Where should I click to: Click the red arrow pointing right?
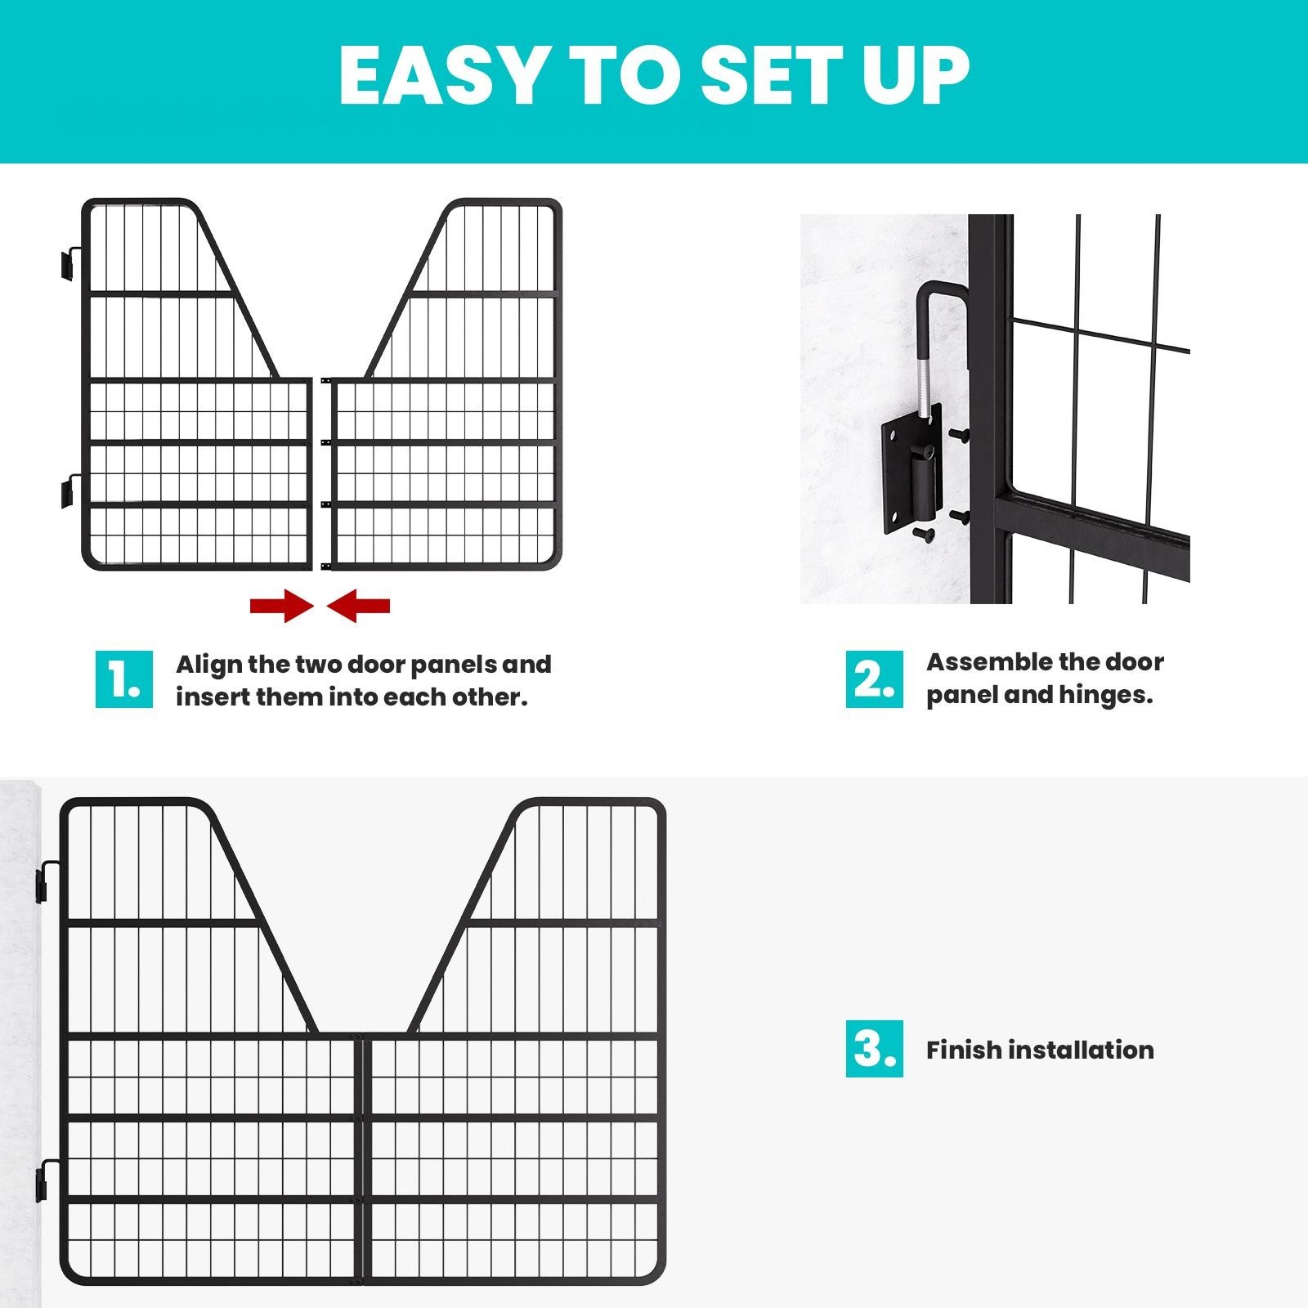[281, 607]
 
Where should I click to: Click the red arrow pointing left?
[359, 607]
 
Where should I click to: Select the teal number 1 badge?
[124, 679]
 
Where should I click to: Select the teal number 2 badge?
[874, 679]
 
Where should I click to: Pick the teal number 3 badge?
[874, 1049]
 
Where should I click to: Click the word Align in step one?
[208, 664]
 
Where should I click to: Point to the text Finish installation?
[1040, 1050]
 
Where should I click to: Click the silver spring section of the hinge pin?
[925, 384]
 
